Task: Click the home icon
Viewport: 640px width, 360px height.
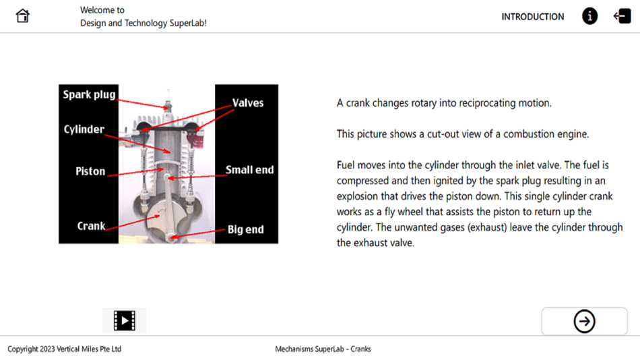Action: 22,16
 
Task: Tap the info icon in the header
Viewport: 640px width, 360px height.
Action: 589,16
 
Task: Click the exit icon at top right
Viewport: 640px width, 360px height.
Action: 622,16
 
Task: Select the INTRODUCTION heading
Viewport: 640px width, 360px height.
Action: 533,17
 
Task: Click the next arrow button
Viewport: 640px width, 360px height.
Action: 584,321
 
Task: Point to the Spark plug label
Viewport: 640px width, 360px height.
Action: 89,95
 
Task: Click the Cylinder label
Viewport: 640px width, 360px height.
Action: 84,129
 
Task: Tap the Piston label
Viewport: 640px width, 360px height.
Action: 90,171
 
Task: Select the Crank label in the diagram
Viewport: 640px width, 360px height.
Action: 91,226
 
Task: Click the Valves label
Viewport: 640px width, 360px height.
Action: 248,103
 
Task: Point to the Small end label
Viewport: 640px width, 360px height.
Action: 250,170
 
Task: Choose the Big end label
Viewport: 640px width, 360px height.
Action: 245,230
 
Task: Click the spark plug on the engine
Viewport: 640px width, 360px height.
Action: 168,105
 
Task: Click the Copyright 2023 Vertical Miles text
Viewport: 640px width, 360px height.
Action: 65,349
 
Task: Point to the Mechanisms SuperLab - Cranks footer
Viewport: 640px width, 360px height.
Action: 323,349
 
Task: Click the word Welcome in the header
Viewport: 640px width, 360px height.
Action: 94,10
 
